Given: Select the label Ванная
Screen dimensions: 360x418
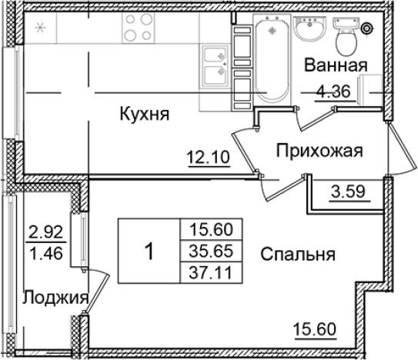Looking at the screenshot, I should pos(334,65).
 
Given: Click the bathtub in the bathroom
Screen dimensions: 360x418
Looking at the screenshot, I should pos(271,58).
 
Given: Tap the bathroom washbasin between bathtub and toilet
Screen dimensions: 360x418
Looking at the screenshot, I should pos(310,29).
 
